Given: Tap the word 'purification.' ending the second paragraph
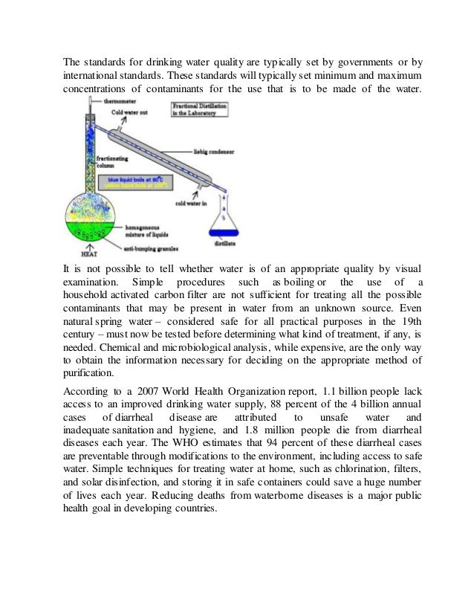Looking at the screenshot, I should point(88,374).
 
